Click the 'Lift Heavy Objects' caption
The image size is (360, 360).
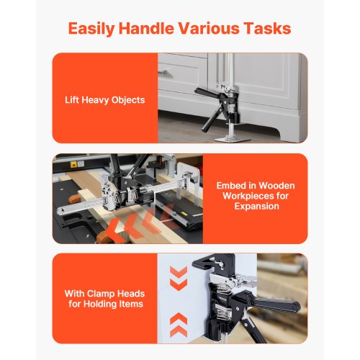(105, 100)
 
